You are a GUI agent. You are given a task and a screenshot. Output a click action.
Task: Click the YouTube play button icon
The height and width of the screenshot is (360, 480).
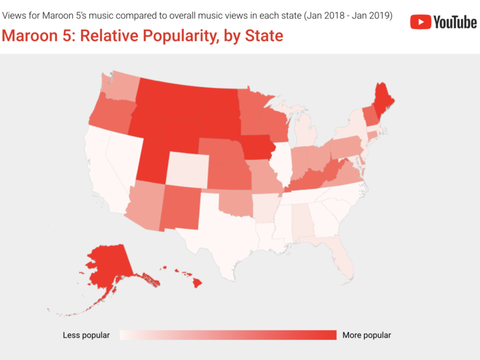[420, 22]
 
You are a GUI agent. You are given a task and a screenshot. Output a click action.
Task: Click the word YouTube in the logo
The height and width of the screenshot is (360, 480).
[455, 22]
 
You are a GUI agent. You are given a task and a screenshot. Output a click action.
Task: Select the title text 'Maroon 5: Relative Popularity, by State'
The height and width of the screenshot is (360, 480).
[142, 35]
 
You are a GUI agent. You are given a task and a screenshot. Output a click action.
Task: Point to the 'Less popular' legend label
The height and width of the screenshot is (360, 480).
[86, 335]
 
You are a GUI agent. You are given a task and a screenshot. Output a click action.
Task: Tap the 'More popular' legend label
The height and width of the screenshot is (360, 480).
[366, 335]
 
